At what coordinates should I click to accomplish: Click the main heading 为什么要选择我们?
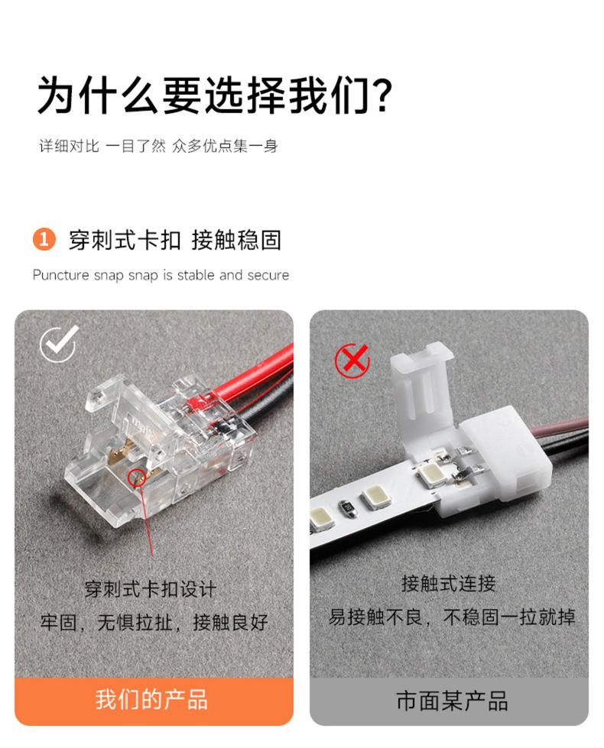(x=215, y=96)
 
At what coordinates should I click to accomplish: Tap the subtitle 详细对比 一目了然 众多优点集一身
(x=158, y=146)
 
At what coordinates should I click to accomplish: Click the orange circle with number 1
(x=44, y=239)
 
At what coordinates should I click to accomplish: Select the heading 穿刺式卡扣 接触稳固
(x=175, y=239)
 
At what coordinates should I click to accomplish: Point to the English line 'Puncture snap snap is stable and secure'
(x=161, y=275)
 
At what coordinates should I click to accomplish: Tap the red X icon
(x=353, y=361)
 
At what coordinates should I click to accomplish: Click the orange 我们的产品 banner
(x=154, y=701)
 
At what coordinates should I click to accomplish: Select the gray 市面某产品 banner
(x=449, y=701)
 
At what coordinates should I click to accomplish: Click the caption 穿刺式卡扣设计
(x=151, y=590)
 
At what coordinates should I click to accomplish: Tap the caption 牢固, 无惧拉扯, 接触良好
(x=154, y=623)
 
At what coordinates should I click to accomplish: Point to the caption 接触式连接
(x=448, y=584)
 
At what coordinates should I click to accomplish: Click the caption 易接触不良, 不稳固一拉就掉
(x=452, y=617)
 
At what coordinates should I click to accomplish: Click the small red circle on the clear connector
(x=137, y=478)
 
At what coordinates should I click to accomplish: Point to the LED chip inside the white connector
(x=432, y=474)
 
